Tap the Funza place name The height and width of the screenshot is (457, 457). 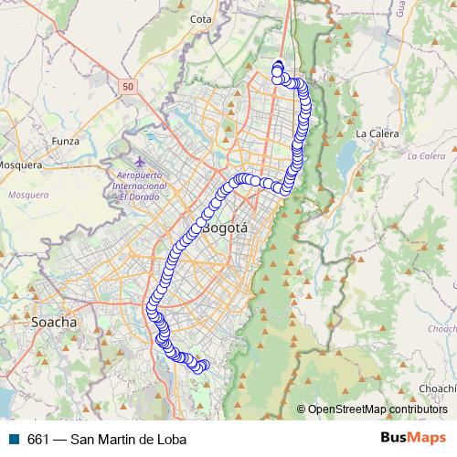point(66,142)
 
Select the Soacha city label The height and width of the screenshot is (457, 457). point(54,323)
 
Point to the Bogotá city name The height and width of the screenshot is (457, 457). point(226,228)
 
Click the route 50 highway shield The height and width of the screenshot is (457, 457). point(127,86)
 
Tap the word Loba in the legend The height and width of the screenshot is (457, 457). point(171,440)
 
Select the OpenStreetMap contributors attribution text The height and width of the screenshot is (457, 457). point(377,409)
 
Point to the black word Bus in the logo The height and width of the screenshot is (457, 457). point(393,438)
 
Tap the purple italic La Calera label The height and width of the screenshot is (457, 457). point(425,156)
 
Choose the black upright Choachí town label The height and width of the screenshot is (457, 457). point(437,388)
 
